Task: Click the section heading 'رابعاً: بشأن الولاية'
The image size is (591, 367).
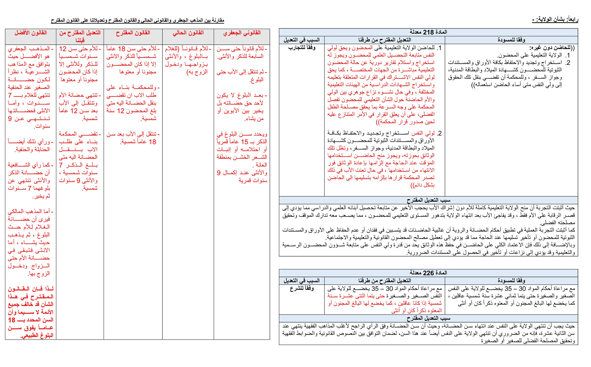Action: [555, 19]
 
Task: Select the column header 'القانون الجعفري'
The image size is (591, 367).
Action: [242, 33]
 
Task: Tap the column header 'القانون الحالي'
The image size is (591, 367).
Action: [188, 33]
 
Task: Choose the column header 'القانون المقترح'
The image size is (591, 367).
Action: [133, 33]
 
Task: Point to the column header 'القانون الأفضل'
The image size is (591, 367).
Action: [30, 33]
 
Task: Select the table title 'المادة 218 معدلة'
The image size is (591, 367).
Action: [428, 32]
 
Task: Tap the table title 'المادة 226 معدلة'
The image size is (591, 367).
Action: [428, 273]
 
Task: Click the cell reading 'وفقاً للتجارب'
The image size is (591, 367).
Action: [302, 48]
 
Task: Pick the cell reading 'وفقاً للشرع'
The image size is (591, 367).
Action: [302, 289]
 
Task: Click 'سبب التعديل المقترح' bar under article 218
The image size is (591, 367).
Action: [428, 200]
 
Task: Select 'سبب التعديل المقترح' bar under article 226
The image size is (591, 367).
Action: [428, 318]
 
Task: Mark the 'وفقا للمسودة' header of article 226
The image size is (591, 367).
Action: [511, 280]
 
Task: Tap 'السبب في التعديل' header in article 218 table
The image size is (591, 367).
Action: [302, 40]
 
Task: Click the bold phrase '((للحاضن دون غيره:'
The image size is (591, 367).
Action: [552, 48]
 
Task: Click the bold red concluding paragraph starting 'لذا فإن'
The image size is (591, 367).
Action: [30, 312]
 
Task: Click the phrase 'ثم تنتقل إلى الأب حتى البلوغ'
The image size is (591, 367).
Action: [241, 76]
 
